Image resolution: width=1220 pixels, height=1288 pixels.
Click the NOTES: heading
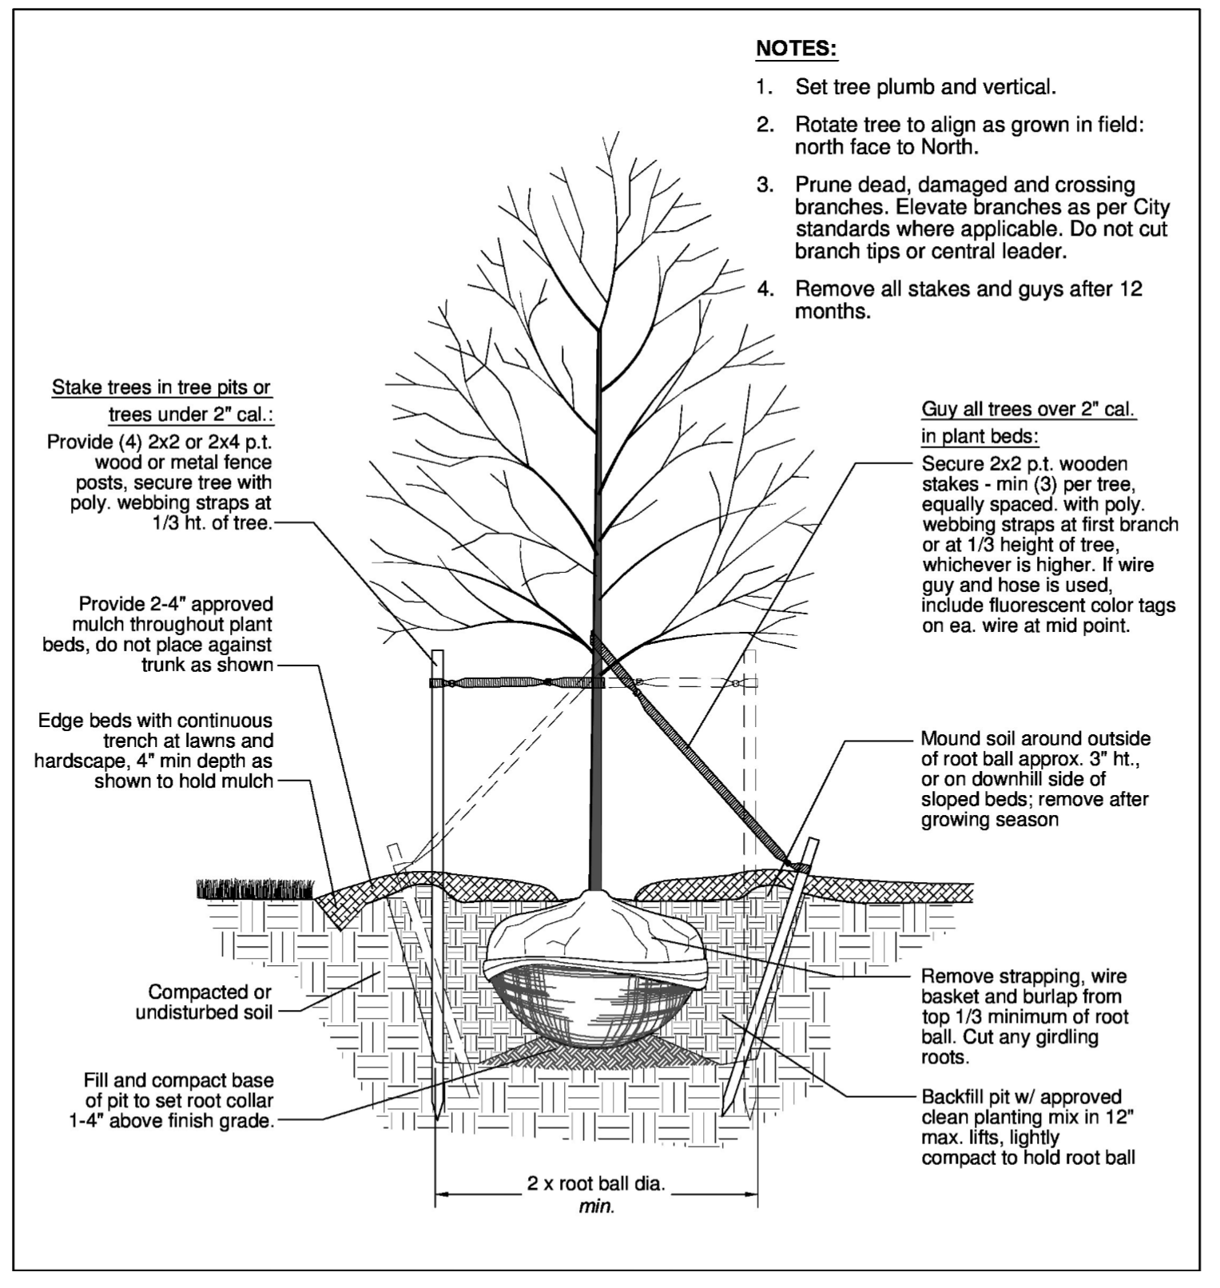797,48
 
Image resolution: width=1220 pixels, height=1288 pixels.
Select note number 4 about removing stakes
951,300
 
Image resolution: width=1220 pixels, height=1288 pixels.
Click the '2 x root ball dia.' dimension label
595,1183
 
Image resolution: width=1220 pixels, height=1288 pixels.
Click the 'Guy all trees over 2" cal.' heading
1028,409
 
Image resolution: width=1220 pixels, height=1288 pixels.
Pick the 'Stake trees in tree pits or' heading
161,388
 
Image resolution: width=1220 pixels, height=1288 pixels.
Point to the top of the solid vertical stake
438,655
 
